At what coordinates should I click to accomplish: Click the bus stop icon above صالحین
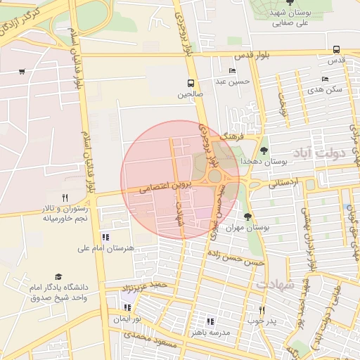191,82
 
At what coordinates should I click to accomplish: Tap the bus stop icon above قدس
336,49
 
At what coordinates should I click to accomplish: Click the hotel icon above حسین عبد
233,70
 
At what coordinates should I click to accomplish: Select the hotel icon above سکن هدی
324,79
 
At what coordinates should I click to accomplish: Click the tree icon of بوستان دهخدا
264,150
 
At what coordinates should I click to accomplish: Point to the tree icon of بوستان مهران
247,217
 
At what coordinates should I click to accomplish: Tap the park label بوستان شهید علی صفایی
290,17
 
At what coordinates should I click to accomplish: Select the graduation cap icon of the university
58,277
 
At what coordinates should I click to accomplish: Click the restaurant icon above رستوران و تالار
64,198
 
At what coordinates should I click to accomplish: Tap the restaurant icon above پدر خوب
261,310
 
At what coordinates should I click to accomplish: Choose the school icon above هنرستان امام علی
105,237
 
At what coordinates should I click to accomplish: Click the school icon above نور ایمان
128,307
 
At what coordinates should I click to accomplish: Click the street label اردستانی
283,182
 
